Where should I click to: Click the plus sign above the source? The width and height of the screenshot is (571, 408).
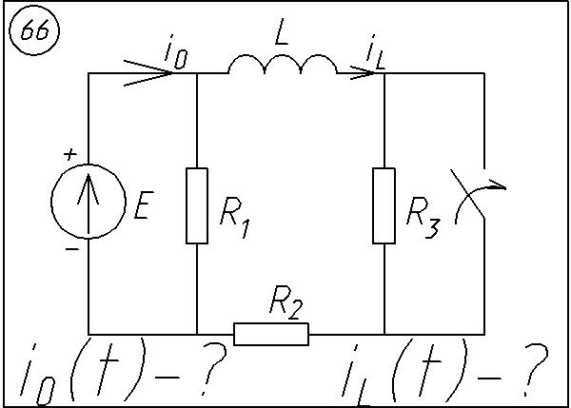(69, 152)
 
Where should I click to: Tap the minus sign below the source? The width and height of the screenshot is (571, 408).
(69, 250)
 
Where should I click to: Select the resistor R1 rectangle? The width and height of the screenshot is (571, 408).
(197, 204)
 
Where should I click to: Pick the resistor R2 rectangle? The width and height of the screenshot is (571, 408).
(271, 334)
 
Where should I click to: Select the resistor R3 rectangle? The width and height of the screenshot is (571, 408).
(384, 204)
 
